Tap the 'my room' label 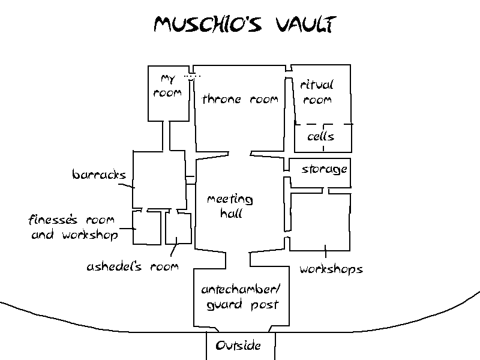[x=167, y=86]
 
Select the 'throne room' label [x=240, y=100]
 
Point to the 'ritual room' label [x=317, y=92]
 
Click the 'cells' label [x=320, y=137]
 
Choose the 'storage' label [x=324, y=169]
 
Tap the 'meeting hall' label [x=230, y=206]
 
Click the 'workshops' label [x=331, y=269]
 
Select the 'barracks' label [x=99, y=175]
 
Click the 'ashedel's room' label [x=132, y=266]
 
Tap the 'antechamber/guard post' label [x=241, y=297]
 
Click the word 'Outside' [x=238, y=346]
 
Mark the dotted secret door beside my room [x=191, y=76]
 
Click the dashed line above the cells [x=323, y=125]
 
